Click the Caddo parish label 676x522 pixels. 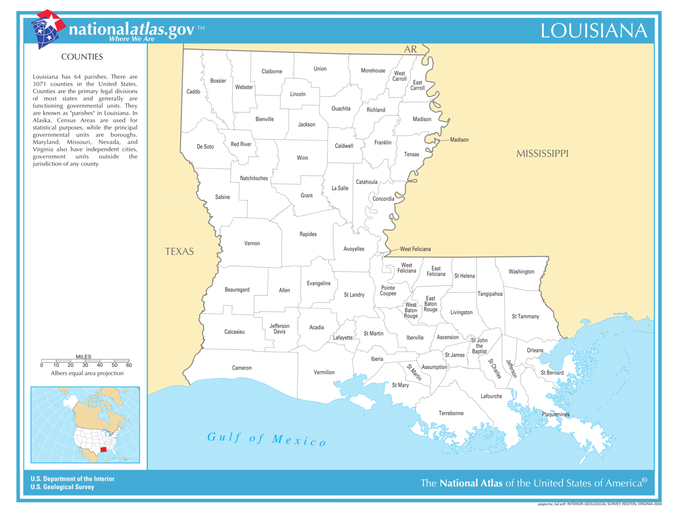(x=193, y=92)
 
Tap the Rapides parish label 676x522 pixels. (x=308, y=234)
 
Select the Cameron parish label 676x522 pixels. (x=242, y=368)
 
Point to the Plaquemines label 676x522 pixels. (x=556, y=414)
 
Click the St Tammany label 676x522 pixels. (x=525, y=316)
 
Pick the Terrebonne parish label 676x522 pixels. (x=451, y=413)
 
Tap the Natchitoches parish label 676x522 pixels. (x=254, y=178)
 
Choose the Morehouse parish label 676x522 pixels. (x=373, y=71)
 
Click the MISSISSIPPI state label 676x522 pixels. (x=542, y=154)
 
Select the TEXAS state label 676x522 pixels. (x=179, y=252)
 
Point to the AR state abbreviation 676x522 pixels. (x=410, y=49)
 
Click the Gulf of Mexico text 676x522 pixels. (x=266, y=439)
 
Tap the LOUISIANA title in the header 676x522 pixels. (x=594, y=31)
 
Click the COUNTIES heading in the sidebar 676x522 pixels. (x=82, y=57)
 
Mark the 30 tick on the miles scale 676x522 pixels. (x=85, y=365)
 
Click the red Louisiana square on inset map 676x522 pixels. (x=104, y=449)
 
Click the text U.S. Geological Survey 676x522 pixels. (x=62, y=487)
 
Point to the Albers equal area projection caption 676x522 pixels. (x=87, y=373)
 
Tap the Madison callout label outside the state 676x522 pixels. (x=459, y=140)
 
